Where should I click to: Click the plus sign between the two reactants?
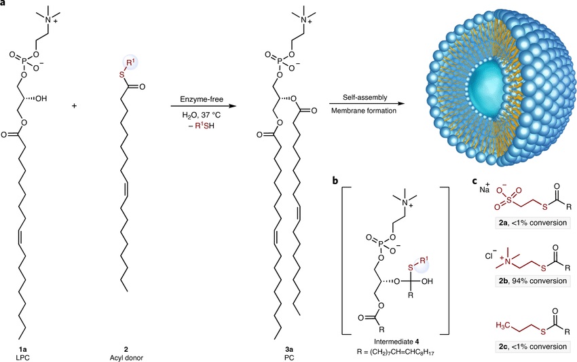point(73,107)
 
